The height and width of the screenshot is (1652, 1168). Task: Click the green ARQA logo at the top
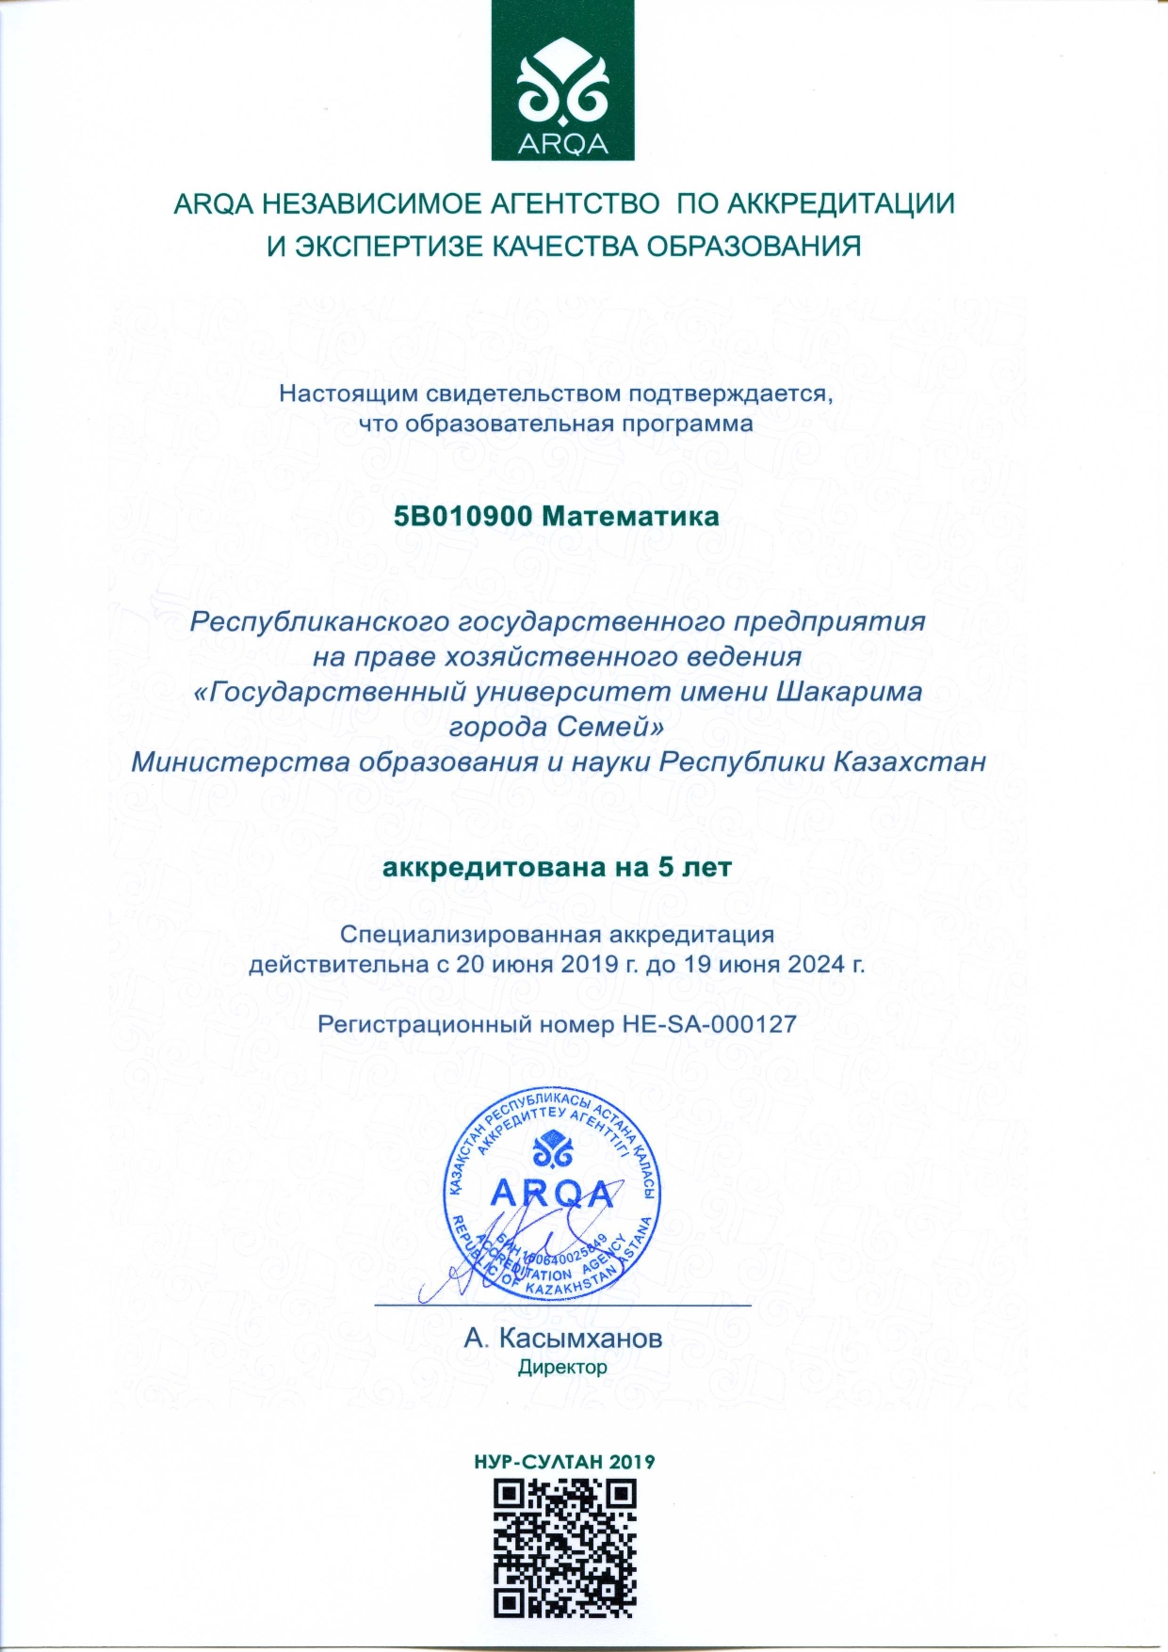point(563,81)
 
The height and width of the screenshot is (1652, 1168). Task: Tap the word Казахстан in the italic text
point(909,762)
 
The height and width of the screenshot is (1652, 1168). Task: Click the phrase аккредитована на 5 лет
point(557,867)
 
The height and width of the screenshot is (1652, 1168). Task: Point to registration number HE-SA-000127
point(709,1023)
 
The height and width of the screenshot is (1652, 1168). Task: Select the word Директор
point(562,1367)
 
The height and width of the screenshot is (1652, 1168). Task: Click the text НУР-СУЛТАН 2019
point(563,1462)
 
